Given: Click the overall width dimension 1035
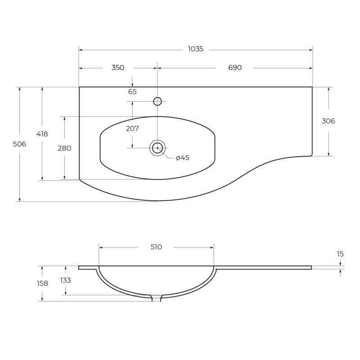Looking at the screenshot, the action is point(196,49).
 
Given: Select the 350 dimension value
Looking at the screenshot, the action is point(118,67).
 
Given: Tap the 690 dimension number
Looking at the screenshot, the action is point(235,67).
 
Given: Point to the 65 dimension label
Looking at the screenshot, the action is point(132,92).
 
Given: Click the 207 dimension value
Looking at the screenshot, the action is point(132,128).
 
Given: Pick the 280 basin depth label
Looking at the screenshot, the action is point(64,148).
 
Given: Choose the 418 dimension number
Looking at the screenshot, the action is point(42,134).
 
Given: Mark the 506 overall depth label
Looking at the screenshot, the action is point(19,144).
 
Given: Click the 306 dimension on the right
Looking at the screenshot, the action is point(328,121).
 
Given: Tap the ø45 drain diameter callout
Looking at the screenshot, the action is point(183,158).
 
